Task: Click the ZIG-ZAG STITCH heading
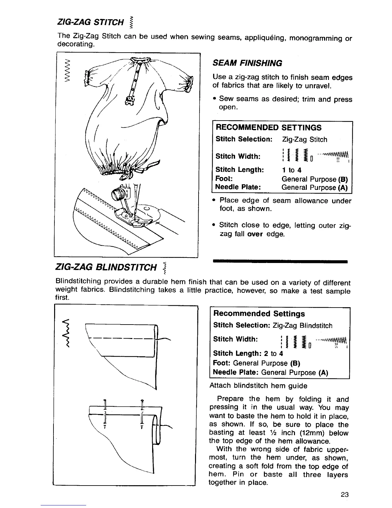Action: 90,22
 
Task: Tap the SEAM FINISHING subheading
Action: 248,63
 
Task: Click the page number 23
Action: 345,494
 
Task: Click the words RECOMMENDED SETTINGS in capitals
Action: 268,128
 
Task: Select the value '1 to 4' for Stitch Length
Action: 291,170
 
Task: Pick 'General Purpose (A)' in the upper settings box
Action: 314,188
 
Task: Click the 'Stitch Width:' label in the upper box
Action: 238,157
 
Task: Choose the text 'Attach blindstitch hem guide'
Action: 258,386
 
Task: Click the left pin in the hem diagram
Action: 104,414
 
